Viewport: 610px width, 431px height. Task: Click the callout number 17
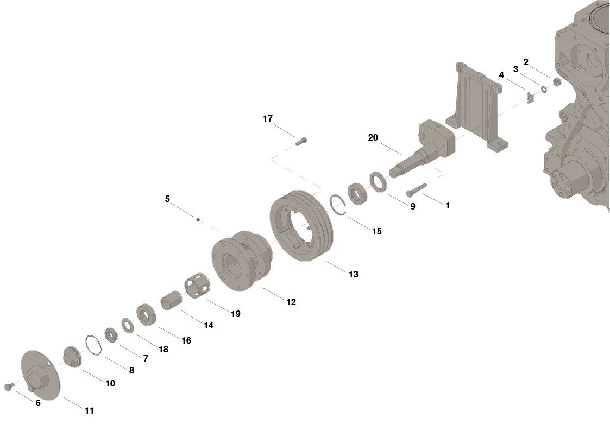point(268,119)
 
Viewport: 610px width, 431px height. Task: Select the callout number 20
point(373,138)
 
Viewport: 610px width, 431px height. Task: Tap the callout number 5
point(167,199)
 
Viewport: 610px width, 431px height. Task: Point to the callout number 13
point(354,275)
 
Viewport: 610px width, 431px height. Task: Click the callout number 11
point(89,411)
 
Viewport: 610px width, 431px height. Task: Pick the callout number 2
point(526,62)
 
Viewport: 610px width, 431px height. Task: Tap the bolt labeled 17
point(302,141)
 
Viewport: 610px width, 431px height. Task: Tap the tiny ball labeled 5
point(198,219)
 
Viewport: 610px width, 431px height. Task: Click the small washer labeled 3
point(544,88)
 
